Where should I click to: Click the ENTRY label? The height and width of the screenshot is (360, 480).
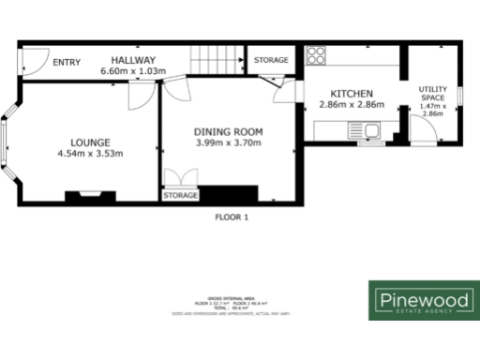67,63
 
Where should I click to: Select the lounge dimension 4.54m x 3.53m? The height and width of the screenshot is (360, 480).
90,153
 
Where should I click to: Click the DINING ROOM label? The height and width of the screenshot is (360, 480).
228,131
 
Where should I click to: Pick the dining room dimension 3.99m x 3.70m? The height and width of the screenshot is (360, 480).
228,142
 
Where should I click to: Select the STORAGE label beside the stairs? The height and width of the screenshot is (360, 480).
271,60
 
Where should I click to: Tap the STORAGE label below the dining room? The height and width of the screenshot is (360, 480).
181,196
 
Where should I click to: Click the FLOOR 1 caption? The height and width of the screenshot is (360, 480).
232,217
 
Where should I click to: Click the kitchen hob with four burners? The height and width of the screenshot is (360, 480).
316,53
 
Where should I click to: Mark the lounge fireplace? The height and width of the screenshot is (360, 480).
90,196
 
